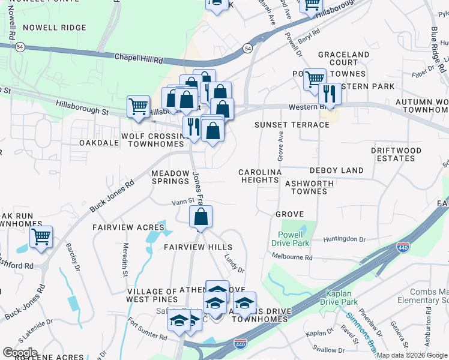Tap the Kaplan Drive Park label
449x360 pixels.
(343, 298)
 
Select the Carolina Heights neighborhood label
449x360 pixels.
(260, 176)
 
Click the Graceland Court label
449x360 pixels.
(343, 58)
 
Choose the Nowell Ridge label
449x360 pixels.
(54, 28)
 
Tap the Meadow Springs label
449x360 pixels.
(170, 176)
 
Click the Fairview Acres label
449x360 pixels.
(128, 227)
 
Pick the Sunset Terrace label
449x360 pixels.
(292, 125)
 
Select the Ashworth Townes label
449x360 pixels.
(306, 187)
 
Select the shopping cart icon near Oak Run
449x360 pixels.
(41, 237)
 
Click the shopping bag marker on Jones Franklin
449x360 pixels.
(201, 217)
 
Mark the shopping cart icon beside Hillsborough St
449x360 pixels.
(139, 107)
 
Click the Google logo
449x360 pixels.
(20, 353)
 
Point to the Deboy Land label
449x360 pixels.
(336, 170)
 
